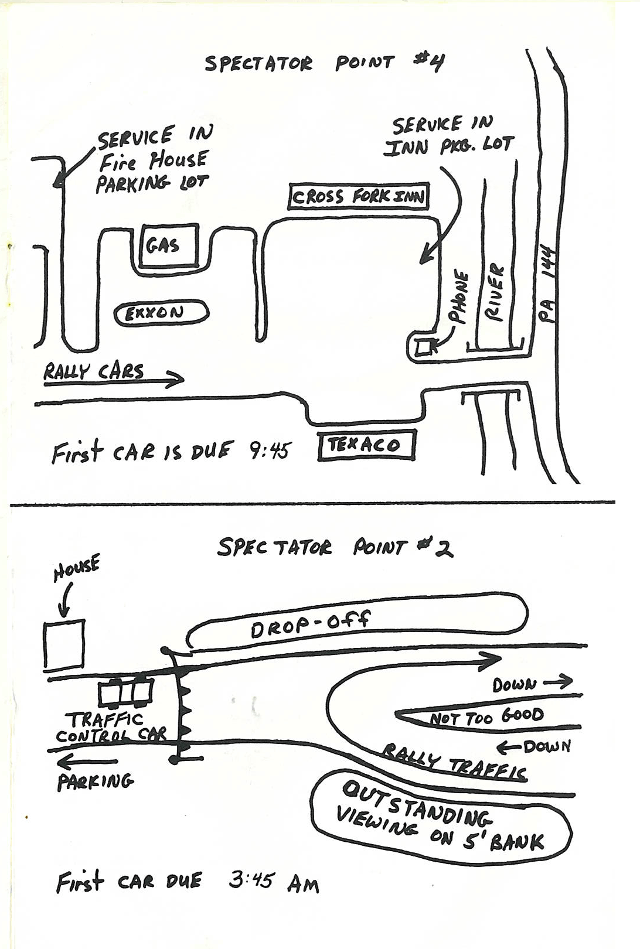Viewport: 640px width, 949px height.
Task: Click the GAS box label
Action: [163, 245]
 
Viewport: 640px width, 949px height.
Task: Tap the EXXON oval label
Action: [161, 313]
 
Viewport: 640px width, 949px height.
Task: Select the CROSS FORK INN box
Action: [359, 197]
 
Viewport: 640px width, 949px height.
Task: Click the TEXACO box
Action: [366, 446]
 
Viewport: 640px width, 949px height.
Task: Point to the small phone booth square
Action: [423, 347]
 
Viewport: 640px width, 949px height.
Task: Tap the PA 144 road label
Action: [547, 285]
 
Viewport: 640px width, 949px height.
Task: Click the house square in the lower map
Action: [64, 645]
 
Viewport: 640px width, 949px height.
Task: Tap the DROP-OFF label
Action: [311, 626]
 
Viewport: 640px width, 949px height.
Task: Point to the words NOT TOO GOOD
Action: [486, 716]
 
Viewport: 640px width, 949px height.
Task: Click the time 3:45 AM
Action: [274, 882]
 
